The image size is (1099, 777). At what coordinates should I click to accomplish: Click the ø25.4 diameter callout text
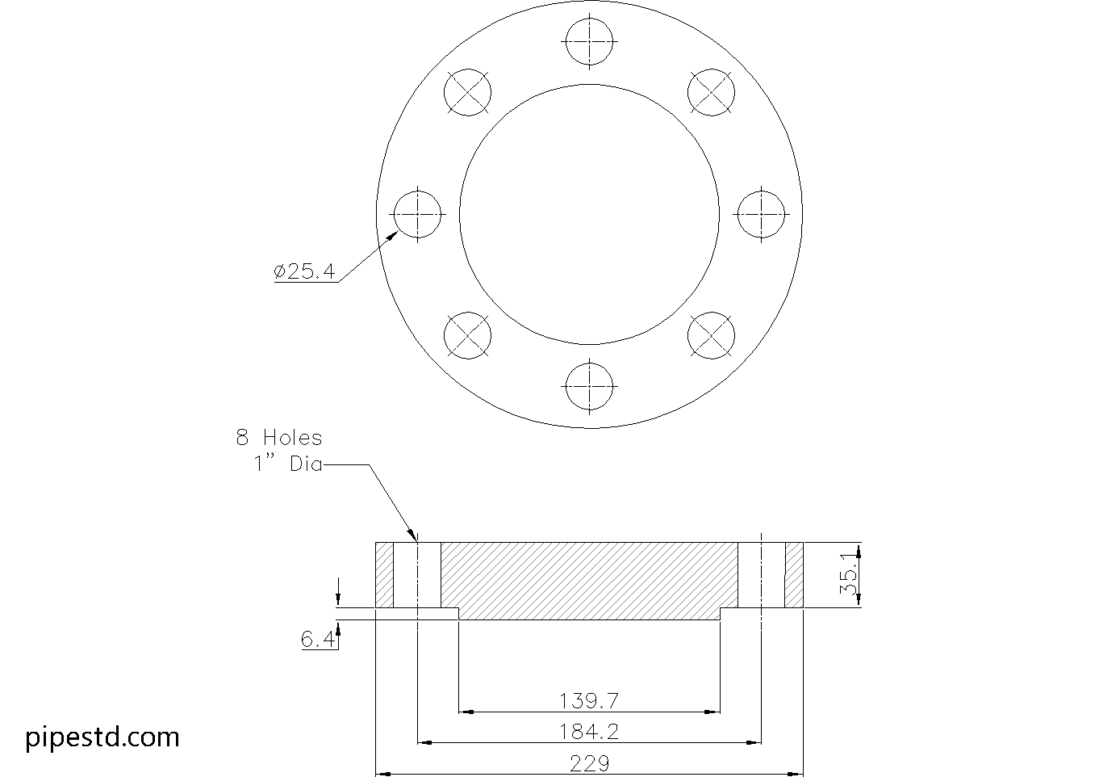(x=305, y=271)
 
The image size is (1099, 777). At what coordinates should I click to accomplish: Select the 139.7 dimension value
(x=589, y=701)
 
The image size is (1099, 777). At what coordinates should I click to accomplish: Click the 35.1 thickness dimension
(x=849, y=573)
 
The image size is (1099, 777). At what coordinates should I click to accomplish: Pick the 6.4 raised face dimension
(x=317, y=639)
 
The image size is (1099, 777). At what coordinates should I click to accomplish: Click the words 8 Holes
(x=278, y=438)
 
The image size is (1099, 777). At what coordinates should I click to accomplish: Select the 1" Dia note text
(x=288, y=464)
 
